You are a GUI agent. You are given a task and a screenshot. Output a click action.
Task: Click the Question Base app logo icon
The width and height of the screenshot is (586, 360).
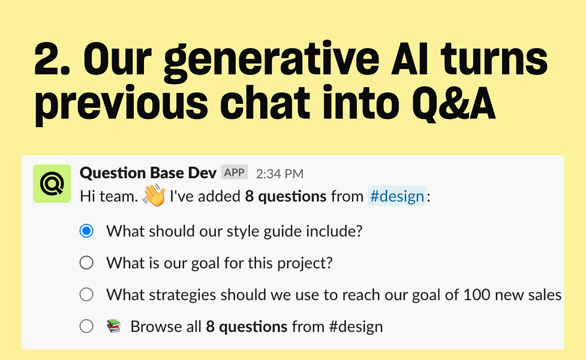pyautogui.click(x=52, y=184)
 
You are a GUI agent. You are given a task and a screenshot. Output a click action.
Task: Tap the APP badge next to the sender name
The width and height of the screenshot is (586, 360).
pyautogui.click(x=235, y=172)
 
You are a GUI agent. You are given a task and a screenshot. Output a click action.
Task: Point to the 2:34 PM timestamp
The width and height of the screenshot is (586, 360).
pyautogui.click(x=280, y=174)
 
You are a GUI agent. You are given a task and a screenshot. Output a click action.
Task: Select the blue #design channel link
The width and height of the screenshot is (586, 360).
pyautogui.click(x=397, y=196)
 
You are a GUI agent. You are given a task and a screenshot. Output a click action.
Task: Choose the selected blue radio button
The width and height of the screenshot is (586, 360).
pyautogui.click(x=86, y=231)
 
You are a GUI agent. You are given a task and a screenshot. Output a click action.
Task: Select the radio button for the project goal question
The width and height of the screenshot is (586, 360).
pyautogui.click(x=86, y=263)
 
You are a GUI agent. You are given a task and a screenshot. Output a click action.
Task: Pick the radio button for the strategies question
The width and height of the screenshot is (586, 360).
pyautogui.click(x=86, y=295)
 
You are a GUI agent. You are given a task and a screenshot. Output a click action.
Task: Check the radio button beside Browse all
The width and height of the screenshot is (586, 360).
pyautogui.click(x=86, y=326)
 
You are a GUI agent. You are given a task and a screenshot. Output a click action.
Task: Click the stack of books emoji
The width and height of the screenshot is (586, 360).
pyautogui.click(x=114, y=326)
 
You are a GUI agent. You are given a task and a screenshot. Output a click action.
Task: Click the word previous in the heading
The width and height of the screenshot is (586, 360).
pyautogui.click(x=121, y=106)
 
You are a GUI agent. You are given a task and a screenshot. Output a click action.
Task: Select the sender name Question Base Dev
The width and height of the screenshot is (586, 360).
pyautogui.click(x=148, y=173)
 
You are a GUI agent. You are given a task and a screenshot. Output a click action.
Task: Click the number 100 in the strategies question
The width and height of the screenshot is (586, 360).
pyautogui.click(x=476, y=295)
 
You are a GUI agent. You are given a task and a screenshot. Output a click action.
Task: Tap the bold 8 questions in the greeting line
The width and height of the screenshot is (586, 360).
pyautogui.click(x=286, y=197)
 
